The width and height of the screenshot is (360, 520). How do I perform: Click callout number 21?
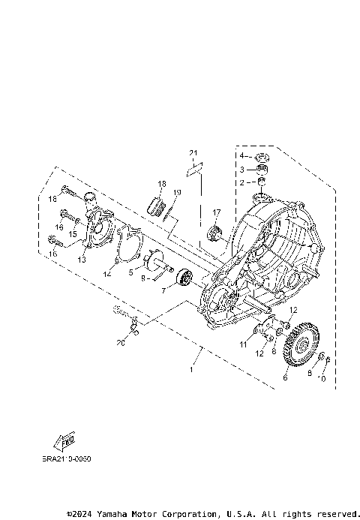click(193, 154)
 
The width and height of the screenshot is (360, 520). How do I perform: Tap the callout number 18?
click(161, 184)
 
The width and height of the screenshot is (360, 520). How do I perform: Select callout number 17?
click(216, 212)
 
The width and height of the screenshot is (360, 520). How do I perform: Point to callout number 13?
click(82, 260)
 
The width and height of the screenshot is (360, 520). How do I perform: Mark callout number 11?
click(242, 344)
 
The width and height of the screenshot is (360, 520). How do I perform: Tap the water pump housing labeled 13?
click(99, 228)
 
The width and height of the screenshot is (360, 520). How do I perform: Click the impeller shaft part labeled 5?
click(154, 262)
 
